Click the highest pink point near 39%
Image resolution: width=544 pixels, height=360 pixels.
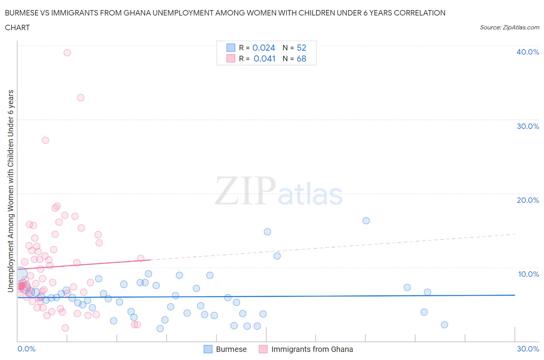[67, 53]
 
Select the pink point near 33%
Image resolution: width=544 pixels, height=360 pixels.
[80, 98]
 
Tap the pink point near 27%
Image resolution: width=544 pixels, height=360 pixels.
[45, 140]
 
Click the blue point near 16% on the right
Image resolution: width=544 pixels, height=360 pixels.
[366, 221]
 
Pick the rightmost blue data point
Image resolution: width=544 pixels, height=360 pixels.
[444, 324]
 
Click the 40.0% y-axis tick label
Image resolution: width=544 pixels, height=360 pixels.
[528, 52]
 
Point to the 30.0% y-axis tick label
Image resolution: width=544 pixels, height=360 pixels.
[528, 126]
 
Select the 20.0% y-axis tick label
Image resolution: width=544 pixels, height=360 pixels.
[528, 200]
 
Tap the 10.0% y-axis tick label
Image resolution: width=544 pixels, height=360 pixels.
[528, 274]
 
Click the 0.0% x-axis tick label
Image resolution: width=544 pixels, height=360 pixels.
[27, 349]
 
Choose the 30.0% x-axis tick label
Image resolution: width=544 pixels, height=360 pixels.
[528, 349]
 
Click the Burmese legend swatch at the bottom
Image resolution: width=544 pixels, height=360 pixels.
[208, 349]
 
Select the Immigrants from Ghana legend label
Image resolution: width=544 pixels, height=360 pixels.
[312, 349]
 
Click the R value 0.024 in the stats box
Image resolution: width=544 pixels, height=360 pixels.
[263, 48]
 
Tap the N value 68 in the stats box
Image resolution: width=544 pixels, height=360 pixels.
[301, 58]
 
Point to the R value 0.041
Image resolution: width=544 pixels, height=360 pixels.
[264, 58]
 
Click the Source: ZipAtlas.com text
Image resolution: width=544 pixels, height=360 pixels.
[509, 27]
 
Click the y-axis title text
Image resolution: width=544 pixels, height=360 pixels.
[11, 191]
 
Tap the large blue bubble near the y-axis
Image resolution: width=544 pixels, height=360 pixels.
[20, 274]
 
